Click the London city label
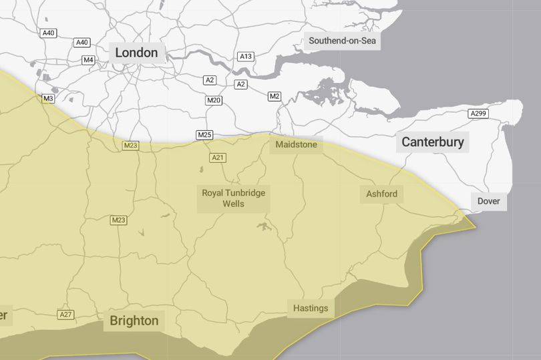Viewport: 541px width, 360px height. (x=136, y=53)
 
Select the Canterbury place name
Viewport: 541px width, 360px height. (x=432, y=142)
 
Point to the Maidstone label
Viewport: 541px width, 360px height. (x=296, y=144)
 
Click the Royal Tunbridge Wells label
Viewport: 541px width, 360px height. (x=234, y=198)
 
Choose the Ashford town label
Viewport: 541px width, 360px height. (x=381, y=194)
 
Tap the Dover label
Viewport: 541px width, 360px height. (x=488, y=201)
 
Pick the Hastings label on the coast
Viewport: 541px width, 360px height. (x=311, y=308)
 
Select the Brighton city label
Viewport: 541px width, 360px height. (x=134, y=321)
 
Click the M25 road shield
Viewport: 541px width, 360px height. (x=204, y=135)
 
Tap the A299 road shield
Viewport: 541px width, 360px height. (x=478, y=114)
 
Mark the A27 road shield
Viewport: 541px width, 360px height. (x=65, y=315)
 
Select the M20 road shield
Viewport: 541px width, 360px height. (x=214, y=101)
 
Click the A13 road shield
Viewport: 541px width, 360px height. (x=246, y=57)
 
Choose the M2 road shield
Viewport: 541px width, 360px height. (x=275, y=96)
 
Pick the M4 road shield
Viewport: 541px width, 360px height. (x=88, y=60)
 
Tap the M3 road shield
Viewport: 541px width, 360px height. (x=48, y=98)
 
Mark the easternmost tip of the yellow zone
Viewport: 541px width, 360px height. (x=476, y=226)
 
